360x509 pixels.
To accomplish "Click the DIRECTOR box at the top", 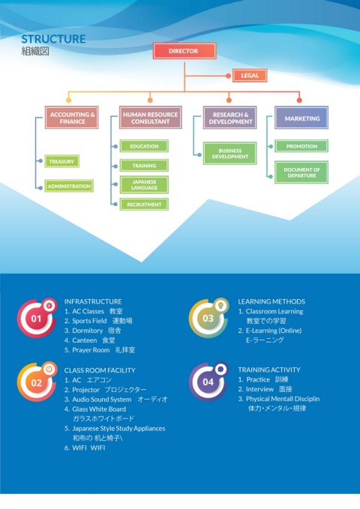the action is [x=184, y=51].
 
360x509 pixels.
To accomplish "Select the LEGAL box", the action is [x=250, y=76].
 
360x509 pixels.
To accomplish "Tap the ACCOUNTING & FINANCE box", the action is [x=72, y=118].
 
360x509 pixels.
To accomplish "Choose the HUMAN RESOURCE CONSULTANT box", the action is [x=151, y=118].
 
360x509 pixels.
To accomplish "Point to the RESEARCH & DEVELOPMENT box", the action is [x=230, y=118].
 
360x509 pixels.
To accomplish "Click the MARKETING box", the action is [x=301, y=118].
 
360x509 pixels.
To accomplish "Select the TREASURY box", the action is [x=61, y=161].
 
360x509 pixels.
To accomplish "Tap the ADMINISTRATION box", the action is [x=69, y=186].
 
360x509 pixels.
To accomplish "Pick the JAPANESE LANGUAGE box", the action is [x=144, y=184].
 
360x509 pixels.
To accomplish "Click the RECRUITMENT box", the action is [x=144, y=205].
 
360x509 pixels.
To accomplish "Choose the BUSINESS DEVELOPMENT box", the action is [x=230, y=153].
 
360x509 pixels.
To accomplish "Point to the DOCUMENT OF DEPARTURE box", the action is [x=301, y=172].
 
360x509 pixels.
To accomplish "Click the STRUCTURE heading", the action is [x=53, y=39].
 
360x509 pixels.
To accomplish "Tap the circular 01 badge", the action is [x=37, y=318].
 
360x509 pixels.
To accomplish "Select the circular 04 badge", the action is [x=208, y=382].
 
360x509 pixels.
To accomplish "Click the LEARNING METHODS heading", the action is [x=271, y=301].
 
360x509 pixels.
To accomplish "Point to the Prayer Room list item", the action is [x=100, y=350].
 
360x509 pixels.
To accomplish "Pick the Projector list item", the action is [x=105, y=390].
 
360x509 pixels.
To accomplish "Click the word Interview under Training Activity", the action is [x=259, y=389].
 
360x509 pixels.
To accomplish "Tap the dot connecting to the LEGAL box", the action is [x=229, y=76].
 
